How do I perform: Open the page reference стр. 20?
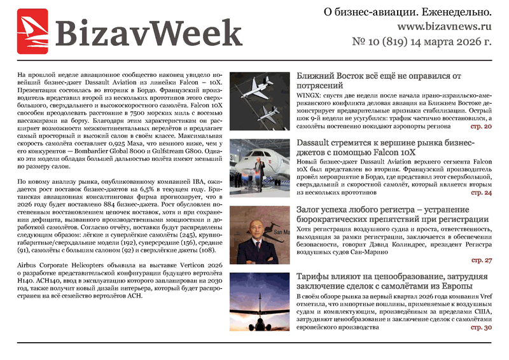[481, 127]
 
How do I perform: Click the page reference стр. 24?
[481, 192]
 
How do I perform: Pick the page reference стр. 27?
[481, 261]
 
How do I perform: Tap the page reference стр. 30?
[481, 328]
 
